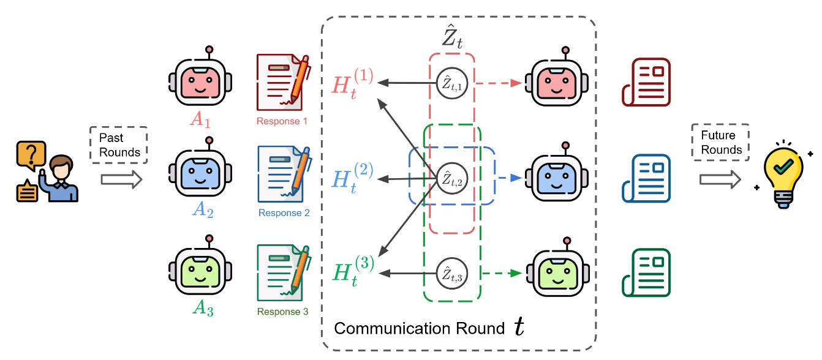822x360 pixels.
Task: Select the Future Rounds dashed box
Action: [722, 142]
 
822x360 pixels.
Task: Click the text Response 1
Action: [282, 121]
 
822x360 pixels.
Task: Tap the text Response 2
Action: [284, 213]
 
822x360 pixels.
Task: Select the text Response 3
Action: [282, 312]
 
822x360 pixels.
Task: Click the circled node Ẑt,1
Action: [452, 84]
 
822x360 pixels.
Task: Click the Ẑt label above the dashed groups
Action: [453, 38]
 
